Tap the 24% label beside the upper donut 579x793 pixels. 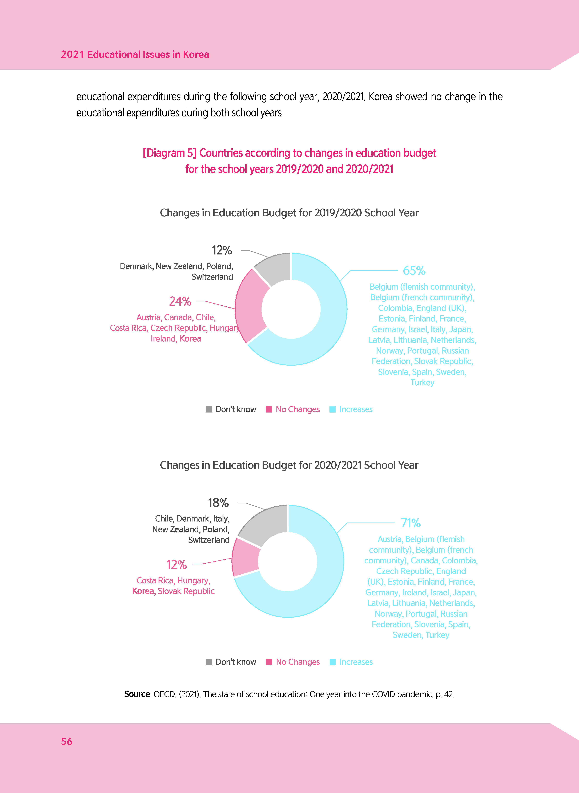[180, 301]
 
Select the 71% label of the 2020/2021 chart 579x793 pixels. [411, 523]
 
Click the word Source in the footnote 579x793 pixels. [137, 694]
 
